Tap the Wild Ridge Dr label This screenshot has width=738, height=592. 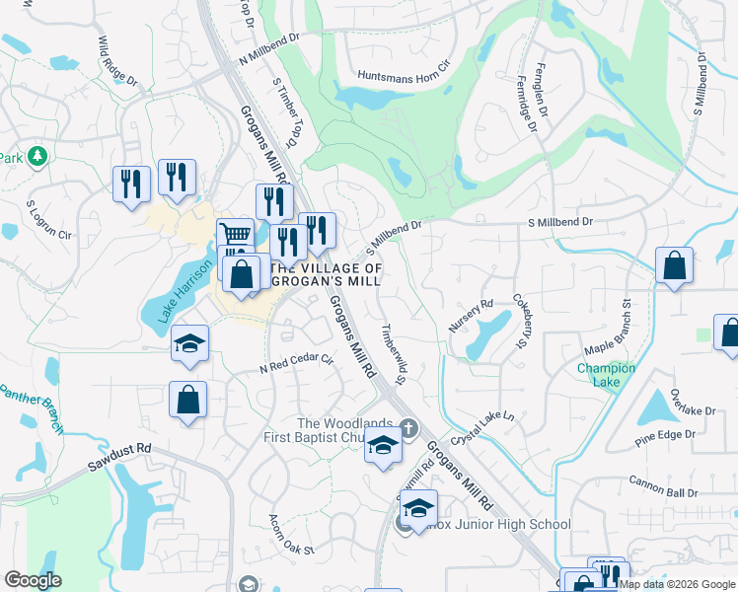tap(116, 59)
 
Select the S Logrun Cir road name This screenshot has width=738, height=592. tap(49, 221)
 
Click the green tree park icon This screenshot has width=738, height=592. tap(37, 156)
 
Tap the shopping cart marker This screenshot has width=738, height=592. tap(235, 236)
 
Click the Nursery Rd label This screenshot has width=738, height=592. tap(472, 316)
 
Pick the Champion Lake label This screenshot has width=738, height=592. tap(606, 375)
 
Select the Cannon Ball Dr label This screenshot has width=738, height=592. tap(661, 490)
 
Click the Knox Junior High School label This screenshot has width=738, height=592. tap(498, 524)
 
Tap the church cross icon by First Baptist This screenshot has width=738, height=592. tap(409, 427)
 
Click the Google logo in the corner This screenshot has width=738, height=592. tap(33, 580)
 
